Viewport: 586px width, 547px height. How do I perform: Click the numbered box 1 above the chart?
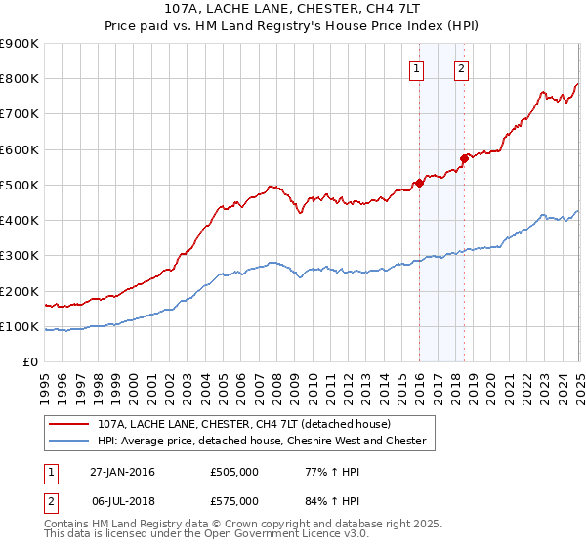tap(417, 68)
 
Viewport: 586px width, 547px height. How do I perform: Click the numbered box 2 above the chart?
tap(461, 68)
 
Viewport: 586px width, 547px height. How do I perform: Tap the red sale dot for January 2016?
tap(419, 182)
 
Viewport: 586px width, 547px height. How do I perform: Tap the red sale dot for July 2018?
tap(464, 157)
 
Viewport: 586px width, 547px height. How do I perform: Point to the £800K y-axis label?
tap(20, 79)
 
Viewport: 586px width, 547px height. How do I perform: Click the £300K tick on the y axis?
tap(20, 256)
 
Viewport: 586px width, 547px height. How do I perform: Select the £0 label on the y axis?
tap(29, 362)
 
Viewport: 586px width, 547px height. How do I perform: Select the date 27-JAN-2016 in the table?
tap(122, 472)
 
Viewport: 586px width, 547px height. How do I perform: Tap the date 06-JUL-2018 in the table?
tap(122, 500)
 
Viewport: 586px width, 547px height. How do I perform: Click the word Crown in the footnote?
tap(241, 525)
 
